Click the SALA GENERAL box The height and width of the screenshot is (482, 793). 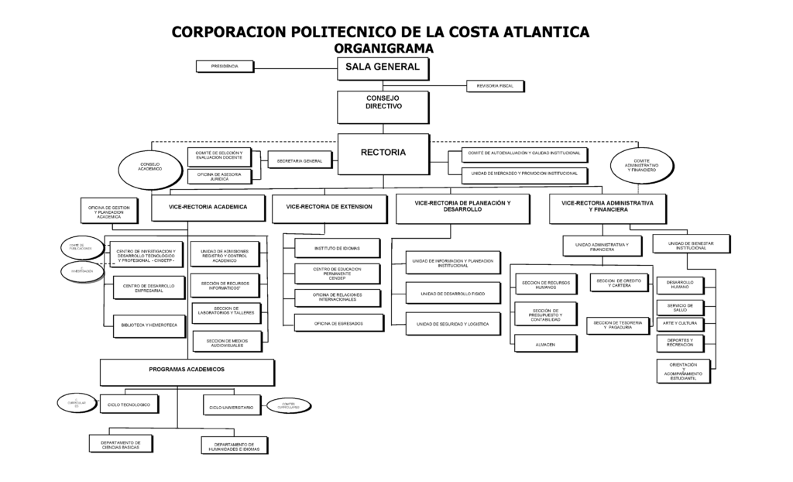coord(382,68)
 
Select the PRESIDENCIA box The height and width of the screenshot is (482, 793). coord(225,67)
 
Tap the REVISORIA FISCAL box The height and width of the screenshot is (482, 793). coord(495,85)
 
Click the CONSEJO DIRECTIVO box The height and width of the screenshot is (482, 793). coord(383,106)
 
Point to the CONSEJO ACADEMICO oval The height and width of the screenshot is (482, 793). coord(150,167)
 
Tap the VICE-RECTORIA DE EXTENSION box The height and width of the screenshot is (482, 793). coord(329,208)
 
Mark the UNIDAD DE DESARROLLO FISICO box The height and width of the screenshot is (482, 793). coord(453,294)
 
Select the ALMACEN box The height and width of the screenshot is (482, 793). coord(544,343)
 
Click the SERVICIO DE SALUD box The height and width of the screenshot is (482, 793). coord(679,307)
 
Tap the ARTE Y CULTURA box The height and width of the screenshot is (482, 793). coord(679,323)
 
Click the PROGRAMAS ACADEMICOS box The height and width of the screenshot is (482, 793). coord(187,372)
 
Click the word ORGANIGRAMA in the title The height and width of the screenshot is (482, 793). coord(383,48)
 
